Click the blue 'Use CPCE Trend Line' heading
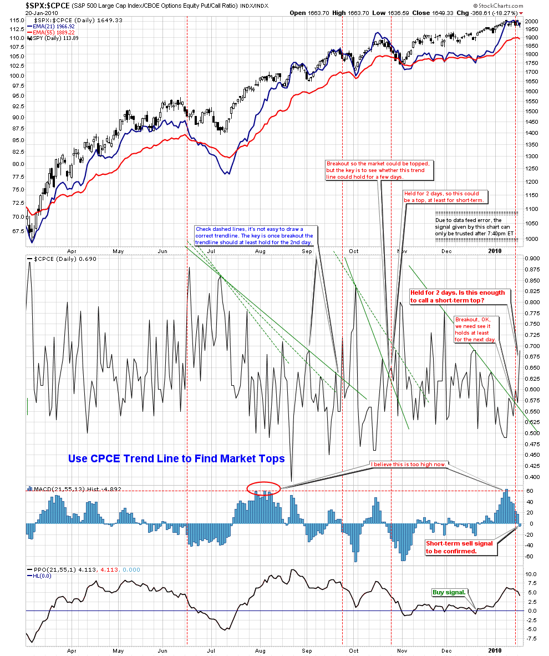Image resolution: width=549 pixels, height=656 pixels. click(176, 459)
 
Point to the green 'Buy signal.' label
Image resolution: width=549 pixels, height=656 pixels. click(449, 592)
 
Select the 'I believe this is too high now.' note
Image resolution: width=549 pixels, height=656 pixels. click(409, 464)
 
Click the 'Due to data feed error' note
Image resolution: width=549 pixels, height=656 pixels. click(476, 227)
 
